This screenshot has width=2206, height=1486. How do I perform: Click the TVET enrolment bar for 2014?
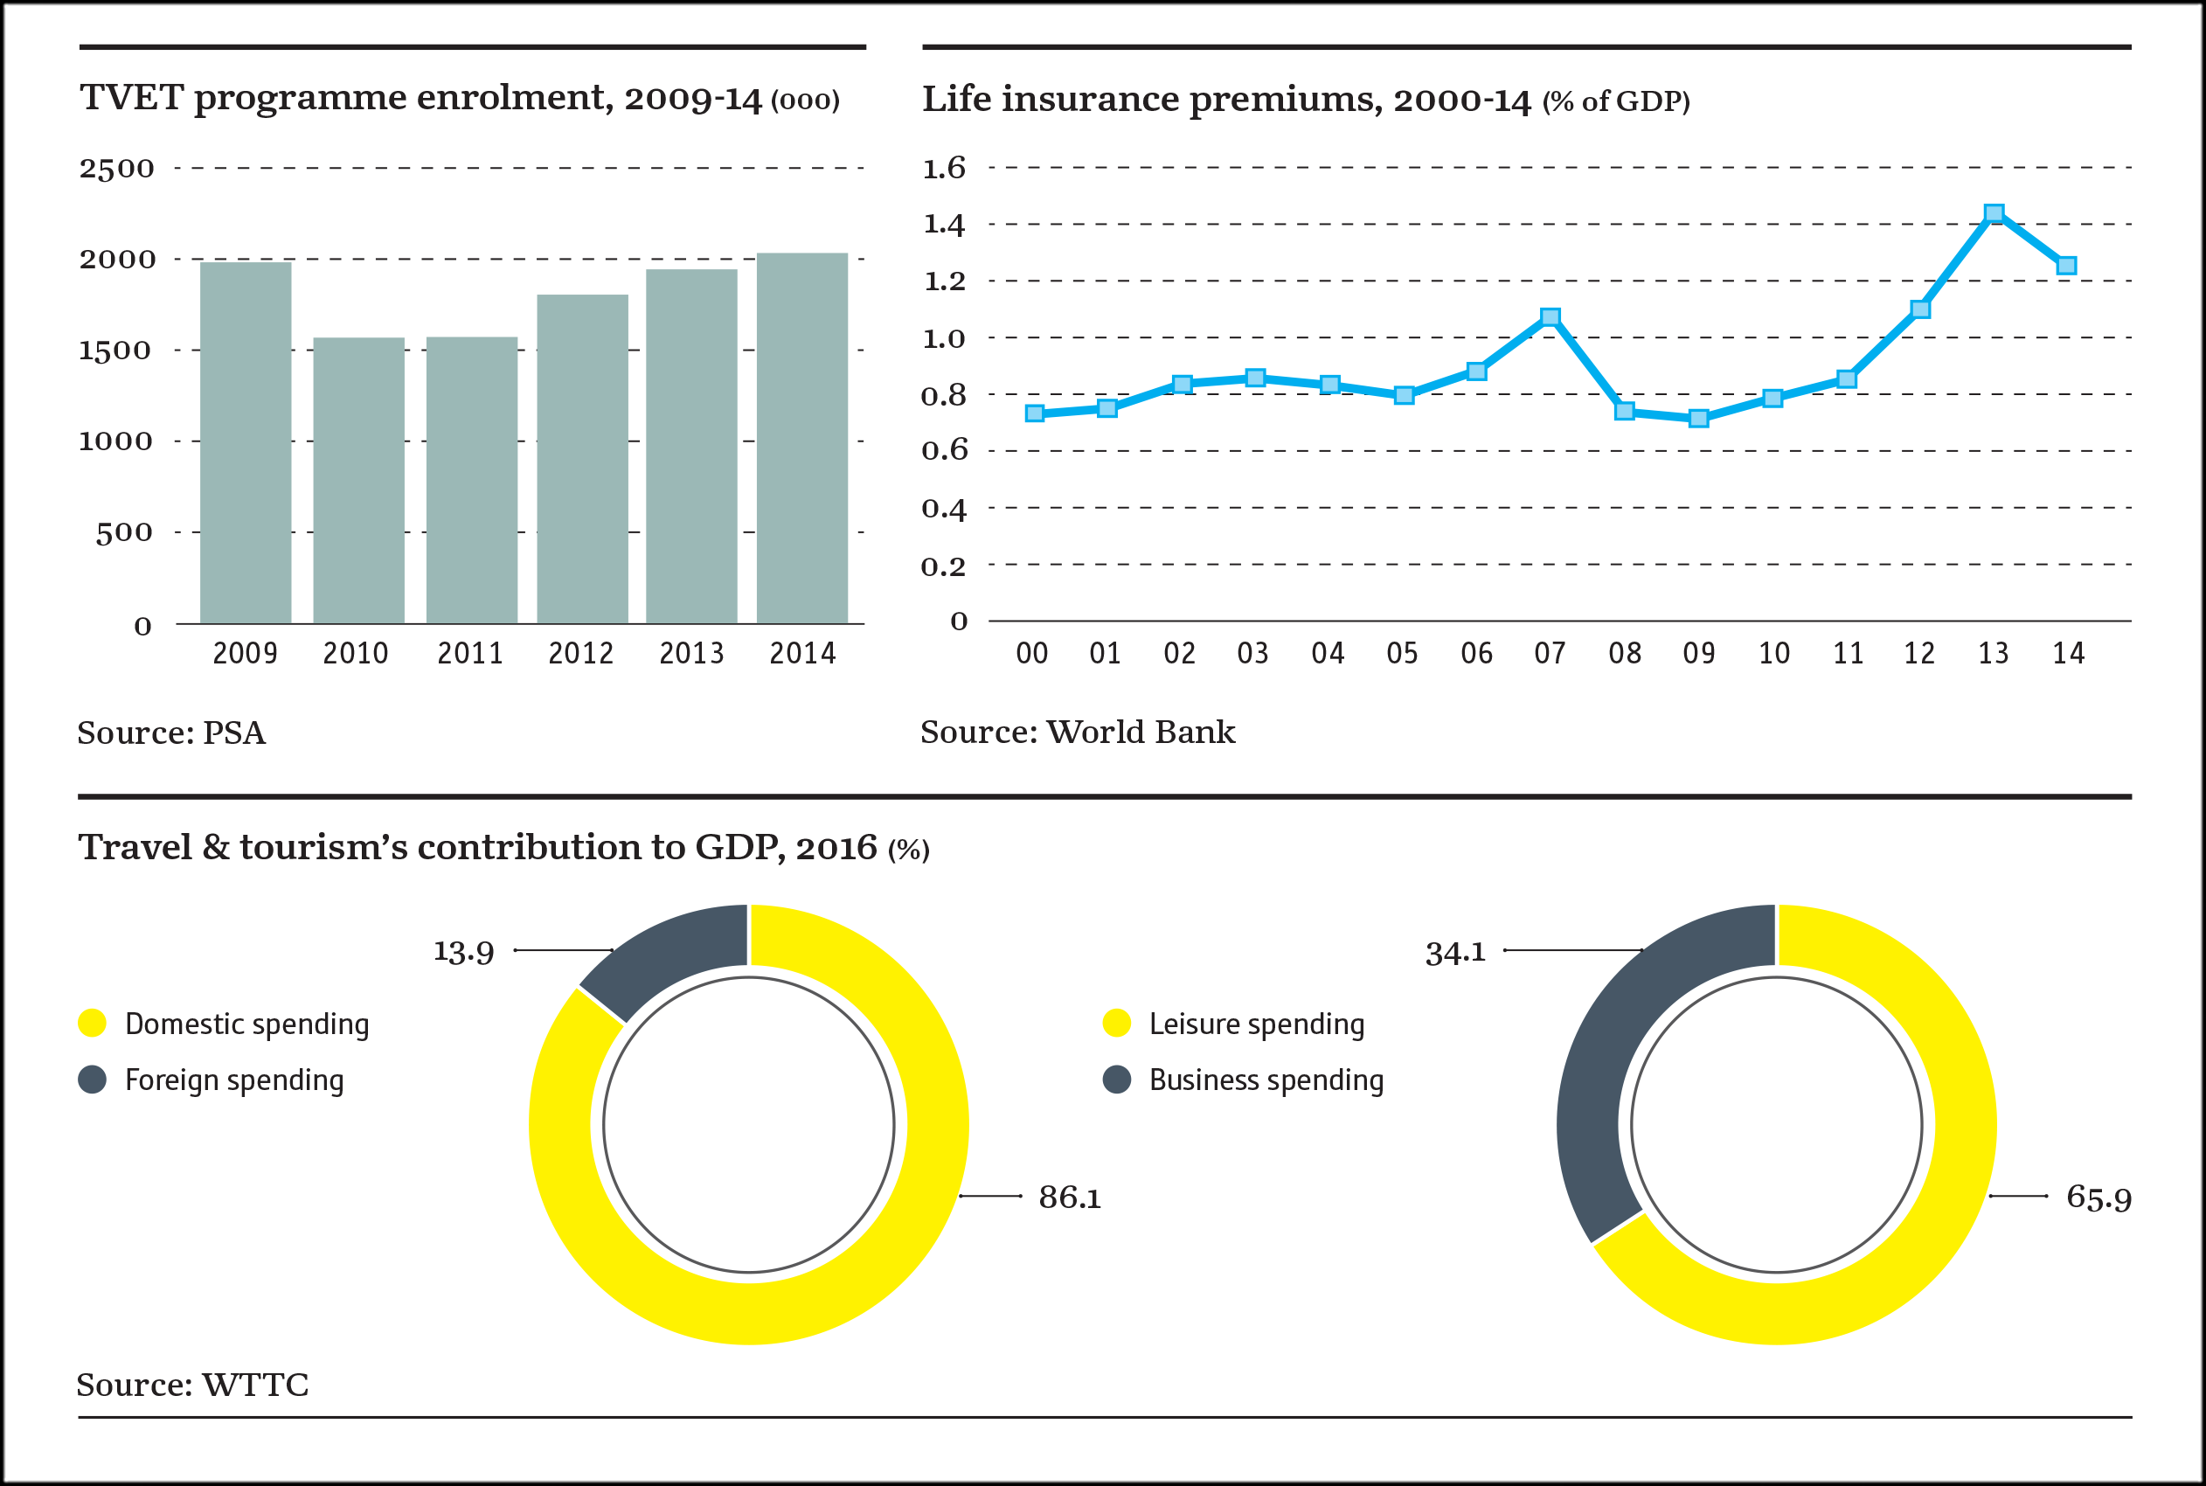[x=801, y=438]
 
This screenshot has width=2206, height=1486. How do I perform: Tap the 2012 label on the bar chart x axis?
[x=581, y=653]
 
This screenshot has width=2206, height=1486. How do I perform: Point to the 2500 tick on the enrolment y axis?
[x=116, y=169]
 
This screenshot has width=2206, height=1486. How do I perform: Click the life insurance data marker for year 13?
[x=1994, y=213]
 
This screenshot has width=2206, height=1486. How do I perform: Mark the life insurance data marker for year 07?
[x=1550, y=316]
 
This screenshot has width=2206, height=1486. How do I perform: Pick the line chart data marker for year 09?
[x=1699, y=418]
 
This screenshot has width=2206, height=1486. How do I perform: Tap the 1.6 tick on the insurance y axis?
[x=944, y=168]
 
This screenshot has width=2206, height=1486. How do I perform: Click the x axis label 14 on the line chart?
[x=2069, y=653]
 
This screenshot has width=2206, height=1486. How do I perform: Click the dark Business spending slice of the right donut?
[x=1611, y=1071]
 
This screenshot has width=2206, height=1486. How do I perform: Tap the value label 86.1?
[x=1070, y=1198]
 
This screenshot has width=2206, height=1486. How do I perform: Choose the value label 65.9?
[x=2098, y=1198]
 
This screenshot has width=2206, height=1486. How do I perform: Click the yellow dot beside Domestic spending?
[x=92, y=1024]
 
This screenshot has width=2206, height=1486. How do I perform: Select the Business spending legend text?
[x=1266, y=1080]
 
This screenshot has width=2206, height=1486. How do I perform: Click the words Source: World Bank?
[x=1078, y=732]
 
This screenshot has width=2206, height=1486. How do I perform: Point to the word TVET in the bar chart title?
[x=131, y=98]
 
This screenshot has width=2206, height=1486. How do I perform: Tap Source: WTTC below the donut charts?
[x=192, y=1385]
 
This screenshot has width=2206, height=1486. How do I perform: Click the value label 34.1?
[x=1455, y=952]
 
